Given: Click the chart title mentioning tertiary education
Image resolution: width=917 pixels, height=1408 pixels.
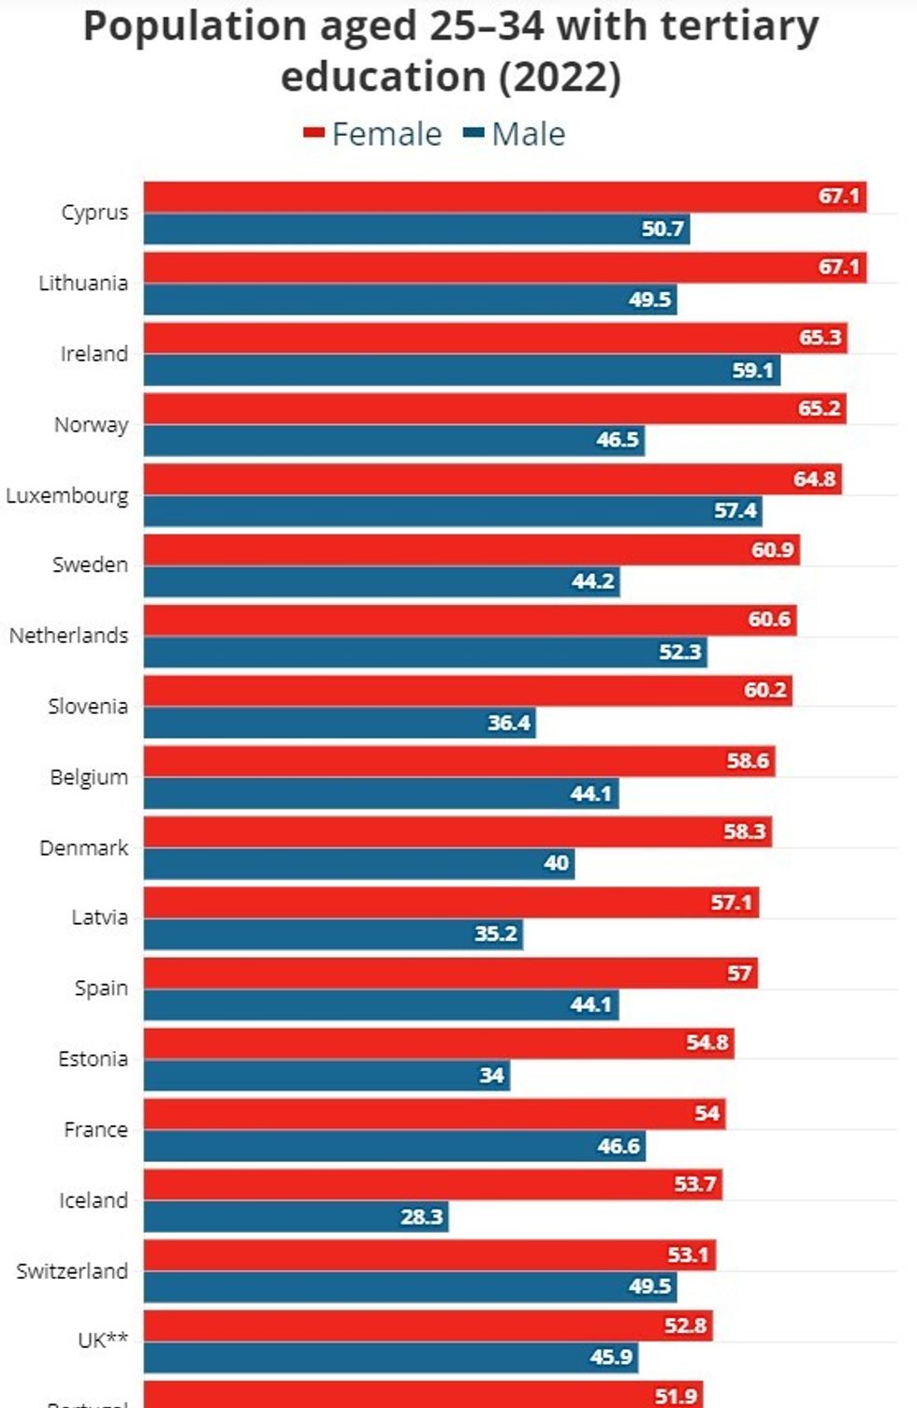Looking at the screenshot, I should (451, 51).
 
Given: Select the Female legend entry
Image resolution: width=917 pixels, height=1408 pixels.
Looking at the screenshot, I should (373, 134).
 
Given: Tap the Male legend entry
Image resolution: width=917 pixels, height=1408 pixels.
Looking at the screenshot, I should (516, 134).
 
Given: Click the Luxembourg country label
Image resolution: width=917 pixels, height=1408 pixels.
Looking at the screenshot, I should (67, 495).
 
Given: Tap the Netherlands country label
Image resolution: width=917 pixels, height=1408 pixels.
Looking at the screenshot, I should (68, 636).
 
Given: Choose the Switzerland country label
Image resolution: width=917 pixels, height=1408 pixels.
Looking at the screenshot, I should (72, 1271).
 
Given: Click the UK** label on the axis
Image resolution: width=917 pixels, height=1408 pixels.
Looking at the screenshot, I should (103, 1341).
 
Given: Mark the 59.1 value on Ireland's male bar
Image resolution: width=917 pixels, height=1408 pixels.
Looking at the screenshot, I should (752, 371).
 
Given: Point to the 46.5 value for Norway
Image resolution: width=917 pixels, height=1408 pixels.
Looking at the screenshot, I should (618, 440).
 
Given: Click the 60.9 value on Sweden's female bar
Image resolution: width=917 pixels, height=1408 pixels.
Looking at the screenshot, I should (773, 550).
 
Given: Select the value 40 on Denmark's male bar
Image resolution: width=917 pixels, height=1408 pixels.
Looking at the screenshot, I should (556, 863).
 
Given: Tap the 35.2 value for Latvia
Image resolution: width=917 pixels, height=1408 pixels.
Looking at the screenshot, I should (496, 933).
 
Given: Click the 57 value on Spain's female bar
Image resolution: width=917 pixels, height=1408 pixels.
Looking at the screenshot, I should (739, 974).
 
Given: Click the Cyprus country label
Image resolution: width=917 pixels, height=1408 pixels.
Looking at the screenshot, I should (95, 213).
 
